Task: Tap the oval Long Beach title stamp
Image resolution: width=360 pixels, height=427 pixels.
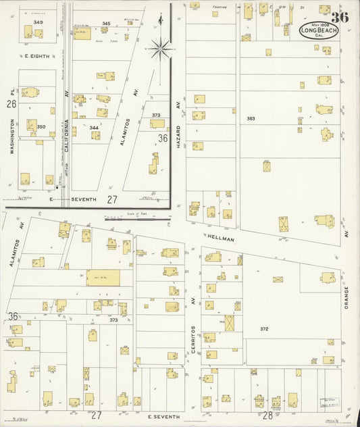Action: pyautogui.click(x=318, y=30)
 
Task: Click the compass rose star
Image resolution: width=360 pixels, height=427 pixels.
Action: pyautogui.click(x=160, y=47)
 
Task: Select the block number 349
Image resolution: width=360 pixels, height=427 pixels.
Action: pyautogui.click(x=38, y=22)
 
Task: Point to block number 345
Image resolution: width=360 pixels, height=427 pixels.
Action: pyautogui.click(x=105, y=24)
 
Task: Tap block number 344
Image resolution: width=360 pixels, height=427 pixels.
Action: pyautogui.click(x=94, y=127)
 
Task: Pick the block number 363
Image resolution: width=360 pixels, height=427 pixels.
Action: pyautogui.click(x=251, y=118)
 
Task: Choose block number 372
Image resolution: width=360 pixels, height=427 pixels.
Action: pyautogui.click(x=264, y=329)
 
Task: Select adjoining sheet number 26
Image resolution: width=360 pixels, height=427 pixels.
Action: pyautogui.click(x=11, y=104)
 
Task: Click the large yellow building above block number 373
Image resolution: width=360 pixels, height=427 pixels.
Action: pyautogui.click(x=102, y=278)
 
